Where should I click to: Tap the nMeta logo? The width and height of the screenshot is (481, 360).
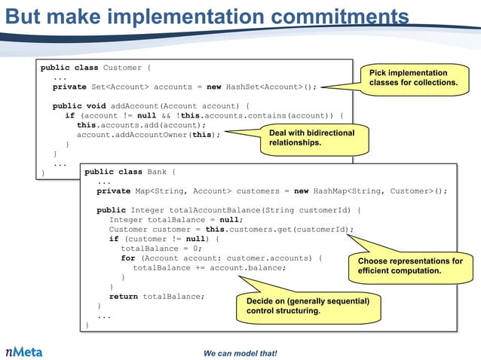pyautogui.click(x=24, y=352)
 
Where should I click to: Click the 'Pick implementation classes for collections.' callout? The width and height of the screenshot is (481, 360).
pyautogui.click(x=413, y=78)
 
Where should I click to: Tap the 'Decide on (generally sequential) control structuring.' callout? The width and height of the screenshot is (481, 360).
pyautogui.click(x=308, y=306)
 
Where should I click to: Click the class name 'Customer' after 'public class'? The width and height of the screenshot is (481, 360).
pyautogui.click(x=121, y=68)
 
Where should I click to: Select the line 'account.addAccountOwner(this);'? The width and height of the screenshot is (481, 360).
pyautogui.click(x=149, y=135)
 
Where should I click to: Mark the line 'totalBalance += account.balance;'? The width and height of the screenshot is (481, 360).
pyautogui.click(x=210, y=268)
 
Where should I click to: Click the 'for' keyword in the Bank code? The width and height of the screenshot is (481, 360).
pyautogui.click(x=127, y=258)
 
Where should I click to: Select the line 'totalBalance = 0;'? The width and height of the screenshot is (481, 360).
pyautogui.click(x=161, y=249)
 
